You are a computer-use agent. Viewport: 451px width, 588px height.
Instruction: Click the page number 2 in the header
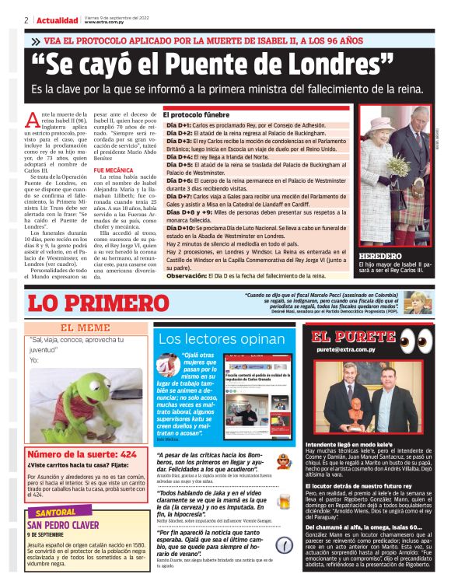coord(26,20)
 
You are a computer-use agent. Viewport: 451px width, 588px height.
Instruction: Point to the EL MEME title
coord(86,328)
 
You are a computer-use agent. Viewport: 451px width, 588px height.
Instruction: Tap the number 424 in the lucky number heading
coord(128,453)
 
